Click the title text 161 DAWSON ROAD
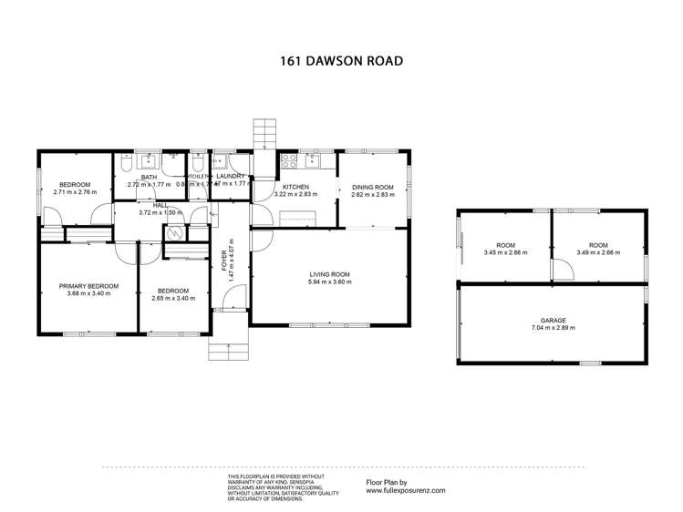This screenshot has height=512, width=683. tap(341, 62)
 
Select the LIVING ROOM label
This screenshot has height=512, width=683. tap(329, 274)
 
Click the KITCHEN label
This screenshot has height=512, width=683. tap(295, 187)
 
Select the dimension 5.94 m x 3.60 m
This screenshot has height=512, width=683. tap(329, 282)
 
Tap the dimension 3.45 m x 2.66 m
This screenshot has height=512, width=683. tap(505, 252)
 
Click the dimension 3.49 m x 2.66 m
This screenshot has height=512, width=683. tap(598, 252)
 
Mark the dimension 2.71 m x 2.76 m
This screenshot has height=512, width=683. tap(75, 192)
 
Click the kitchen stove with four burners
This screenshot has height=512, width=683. tap(288, 161)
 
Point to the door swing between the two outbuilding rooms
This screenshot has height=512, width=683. tap(562, 269)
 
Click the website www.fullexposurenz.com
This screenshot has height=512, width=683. tap(406, 490)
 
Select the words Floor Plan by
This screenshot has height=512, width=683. tap(386, 482)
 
